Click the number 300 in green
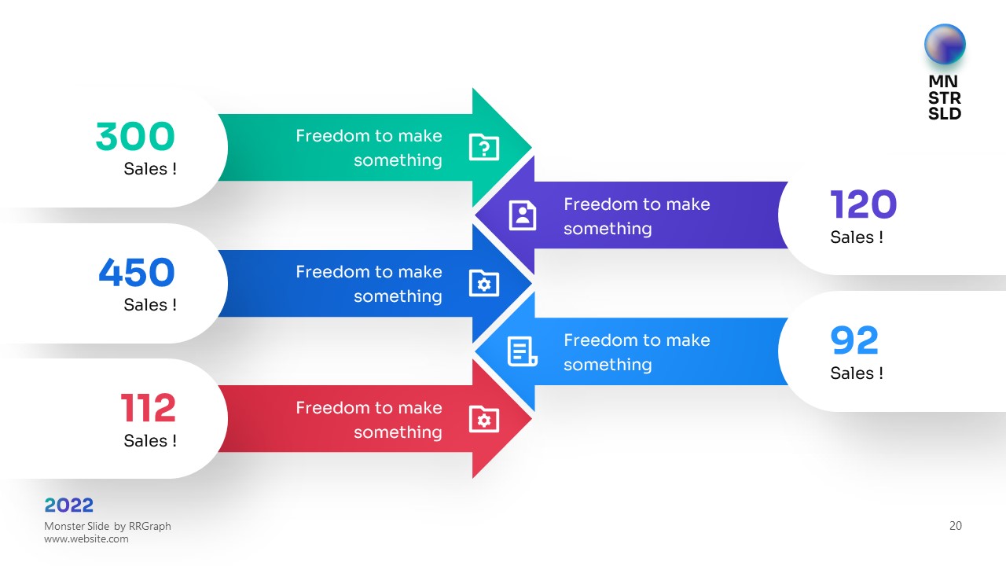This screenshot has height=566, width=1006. click(135, 136)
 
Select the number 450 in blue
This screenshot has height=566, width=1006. click(137, 272)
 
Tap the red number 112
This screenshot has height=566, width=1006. click(149, 408)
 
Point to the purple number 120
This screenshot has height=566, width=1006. click(863, 204)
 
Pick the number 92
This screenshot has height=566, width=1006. click(854, 340)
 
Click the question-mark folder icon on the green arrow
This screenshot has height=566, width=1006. click(483, 147)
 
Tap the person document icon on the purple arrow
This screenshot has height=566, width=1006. click(523, 215)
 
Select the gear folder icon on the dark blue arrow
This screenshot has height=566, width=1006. click(483, 283)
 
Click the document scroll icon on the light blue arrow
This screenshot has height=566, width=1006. click(523, 351)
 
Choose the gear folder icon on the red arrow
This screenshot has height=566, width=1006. click(483, 419)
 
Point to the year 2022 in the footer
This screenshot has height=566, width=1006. click(68, 505)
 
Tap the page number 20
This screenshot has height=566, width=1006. click(956, 526)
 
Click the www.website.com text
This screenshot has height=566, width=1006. click(86, 538)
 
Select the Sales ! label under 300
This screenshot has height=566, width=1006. click(150, 169)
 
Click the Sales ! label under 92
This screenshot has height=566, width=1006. click(857, 373)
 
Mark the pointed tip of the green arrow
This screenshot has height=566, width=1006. click(532, 147)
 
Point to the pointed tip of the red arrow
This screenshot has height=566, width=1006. click(532, 419)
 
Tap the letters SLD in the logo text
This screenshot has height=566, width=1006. click(945, 114)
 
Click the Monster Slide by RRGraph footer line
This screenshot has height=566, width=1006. click(108, 526)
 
